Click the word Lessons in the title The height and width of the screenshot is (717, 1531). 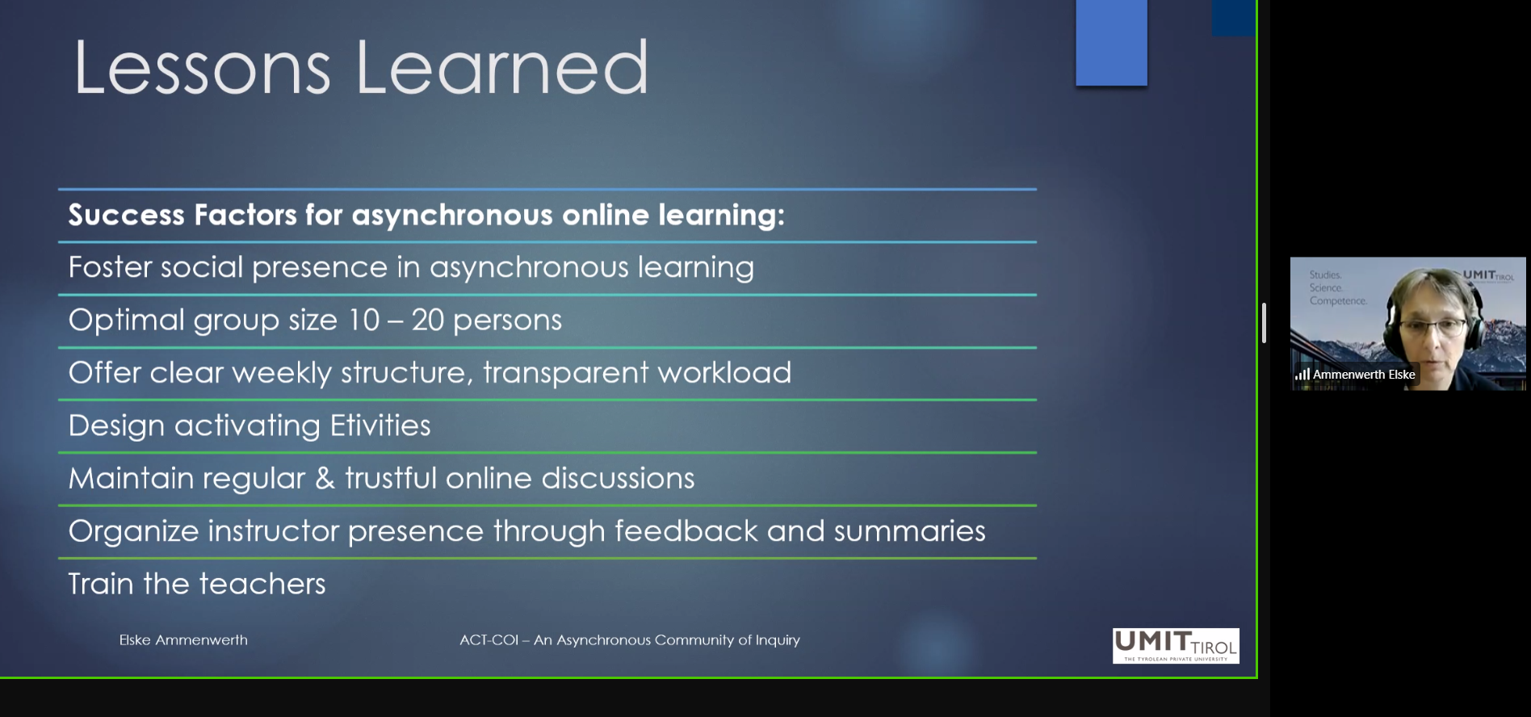click(203, 68)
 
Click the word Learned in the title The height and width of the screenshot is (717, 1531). click(502, 68)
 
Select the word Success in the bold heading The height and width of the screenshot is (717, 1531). click(127, 215)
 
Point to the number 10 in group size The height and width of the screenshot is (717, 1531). click(364, 320)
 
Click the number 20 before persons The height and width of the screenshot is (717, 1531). click(428, 320)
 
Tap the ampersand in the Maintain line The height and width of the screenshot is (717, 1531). click(325, 478)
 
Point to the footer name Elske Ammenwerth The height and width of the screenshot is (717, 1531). click(183, 639)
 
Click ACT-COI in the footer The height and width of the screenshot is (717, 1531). click(489, 639)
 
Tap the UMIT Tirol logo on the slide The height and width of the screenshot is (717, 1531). click(1176, 646)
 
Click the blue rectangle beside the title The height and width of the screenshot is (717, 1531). click(1112, 43)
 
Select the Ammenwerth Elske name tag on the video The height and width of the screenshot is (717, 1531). click(1364, 375)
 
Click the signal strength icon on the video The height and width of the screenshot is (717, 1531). click(1302, 375)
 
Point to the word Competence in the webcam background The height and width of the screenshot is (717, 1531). click(1338, 301)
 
